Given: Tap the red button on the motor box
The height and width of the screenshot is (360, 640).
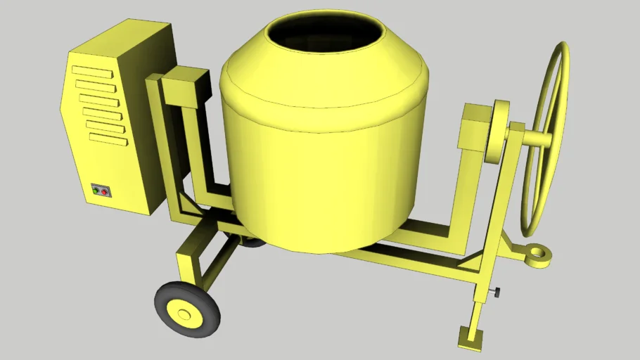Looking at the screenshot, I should pos(105,191).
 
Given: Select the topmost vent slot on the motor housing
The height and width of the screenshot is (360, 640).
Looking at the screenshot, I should pos(91,72).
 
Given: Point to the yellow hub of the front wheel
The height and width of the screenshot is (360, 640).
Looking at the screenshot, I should pos(185,314).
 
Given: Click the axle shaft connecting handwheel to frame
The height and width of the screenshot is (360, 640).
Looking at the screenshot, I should pos(535,138).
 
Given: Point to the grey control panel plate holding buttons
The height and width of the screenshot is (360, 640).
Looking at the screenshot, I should pos(101,191).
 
